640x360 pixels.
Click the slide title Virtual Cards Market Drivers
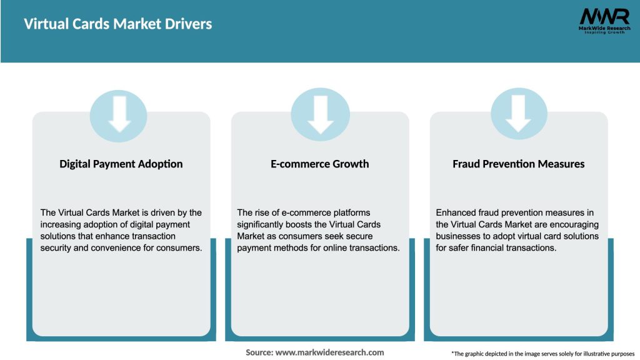(x=118, y=24)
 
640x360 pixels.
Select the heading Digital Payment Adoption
(x=121, y=164)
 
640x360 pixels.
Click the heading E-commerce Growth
(x=320, y=164)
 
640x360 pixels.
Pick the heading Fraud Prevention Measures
(x=519, y=164)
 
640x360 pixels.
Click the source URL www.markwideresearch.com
(x=329, y=352)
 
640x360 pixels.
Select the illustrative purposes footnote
(x=542, y=354)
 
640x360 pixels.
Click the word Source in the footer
(x=259, y=352)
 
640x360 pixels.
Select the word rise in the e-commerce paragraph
(x=264, y=212)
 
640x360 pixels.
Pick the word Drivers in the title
(x=191, y=24)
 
